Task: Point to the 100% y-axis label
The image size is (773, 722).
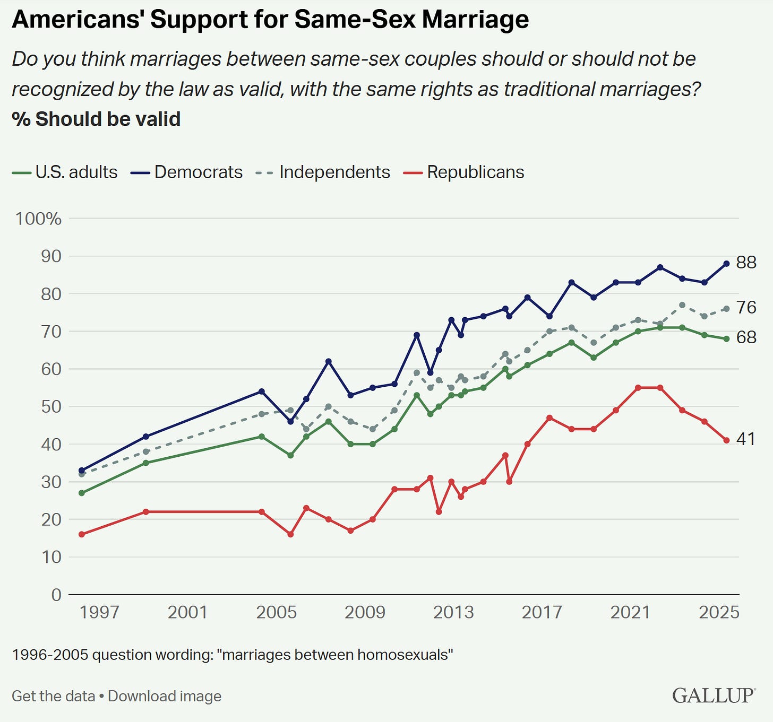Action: pos(38,219)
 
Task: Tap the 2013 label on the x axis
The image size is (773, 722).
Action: pos(453,613)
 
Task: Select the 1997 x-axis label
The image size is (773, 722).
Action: pos(99,613)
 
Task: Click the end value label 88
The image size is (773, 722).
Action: pos(746,262)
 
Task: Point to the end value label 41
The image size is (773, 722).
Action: pos(745,439)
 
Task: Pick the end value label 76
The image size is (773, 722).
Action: pos(746,307)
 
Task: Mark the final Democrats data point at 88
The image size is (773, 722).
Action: pos(726,264)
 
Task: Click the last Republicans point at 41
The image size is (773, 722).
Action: pos(726,440)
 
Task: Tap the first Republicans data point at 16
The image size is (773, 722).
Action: pos(82,534)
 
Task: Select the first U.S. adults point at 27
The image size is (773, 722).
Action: pos(82,493)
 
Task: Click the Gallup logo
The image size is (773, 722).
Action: pos(713,695)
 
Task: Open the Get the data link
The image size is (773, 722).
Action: pos(53,696)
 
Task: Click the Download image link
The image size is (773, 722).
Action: pos(165,696)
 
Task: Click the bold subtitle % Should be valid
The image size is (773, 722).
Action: pos(96,119)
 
